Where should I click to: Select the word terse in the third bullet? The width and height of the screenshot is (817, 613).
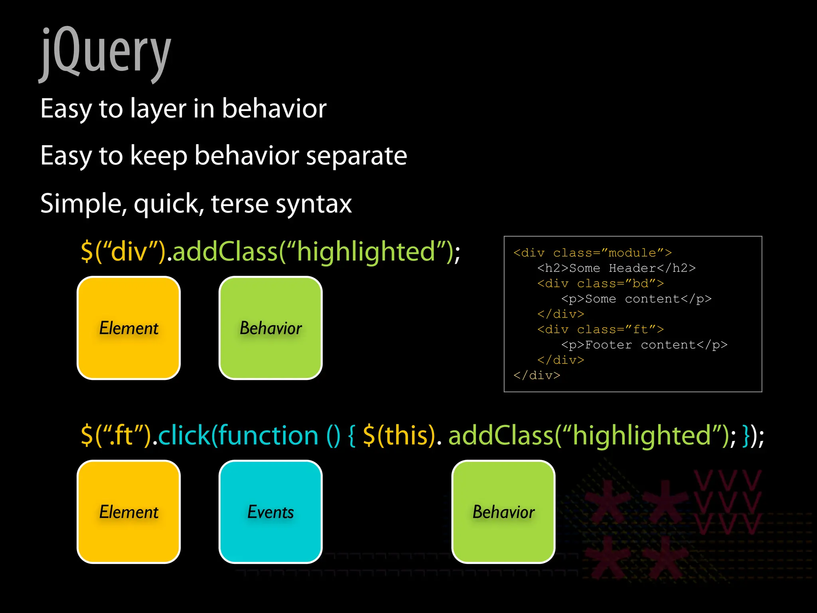coord(239,204)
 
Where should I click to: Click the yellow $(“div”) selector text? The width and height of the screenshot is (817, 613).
coord(123,251)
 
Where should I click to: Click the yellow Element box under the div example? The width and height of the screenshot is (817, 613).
coord(128,328)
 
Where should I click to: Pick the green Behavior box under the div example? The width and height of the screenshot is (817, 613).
coord(270,328)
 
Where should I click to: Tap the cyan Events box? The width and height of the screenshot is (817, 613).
coord(270,512)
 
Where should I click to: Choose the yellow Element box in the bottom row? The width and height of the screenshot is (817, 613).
coord(128,512)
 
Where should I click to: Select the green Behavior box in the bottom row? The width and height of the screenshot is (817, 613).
coord(503,512)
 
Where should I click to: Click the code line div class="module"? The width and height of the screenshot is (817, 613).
coord(592,253)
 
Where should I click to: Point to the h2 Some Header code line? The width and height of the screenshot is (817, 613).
coord(616,268)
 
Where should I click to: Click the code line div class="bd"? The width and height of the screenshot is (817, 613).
coord(600,284)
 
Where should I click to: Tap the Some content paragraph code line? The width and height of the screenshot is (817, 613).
coord(636,299)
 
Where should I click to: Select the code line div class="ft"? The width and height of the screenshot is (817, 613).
coord(600,330)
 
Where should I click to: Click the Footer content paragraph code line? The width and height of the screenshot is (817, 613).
coord(644,345)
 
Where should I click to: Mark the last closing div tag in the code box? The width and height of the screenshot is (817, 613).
coord(537,376)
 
